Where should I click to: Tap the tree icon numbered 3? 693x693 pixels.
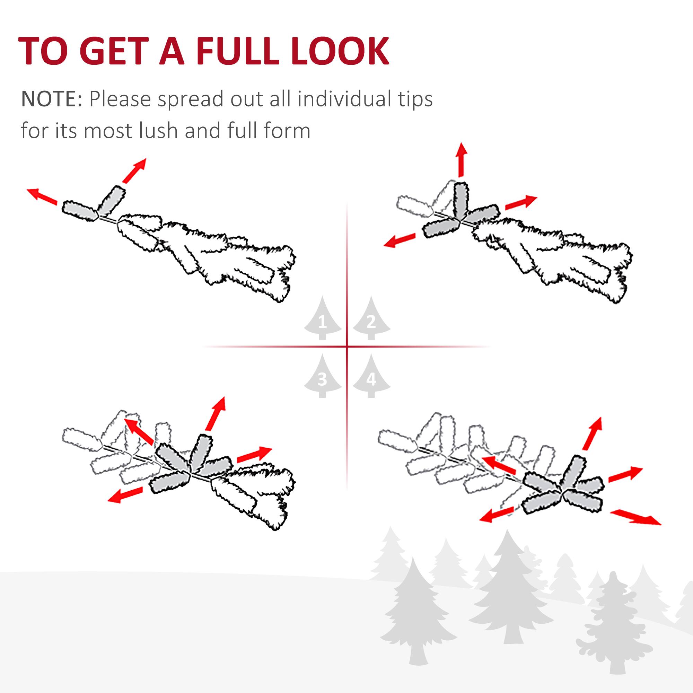coord(323,377)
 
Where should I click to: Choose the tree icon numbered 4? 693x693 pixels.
coord(371,377)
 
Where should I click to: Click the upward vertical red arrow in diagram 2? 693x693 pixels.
coord(461,159)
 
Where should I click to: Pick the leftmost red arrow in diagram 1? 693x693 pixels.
coord(42,196)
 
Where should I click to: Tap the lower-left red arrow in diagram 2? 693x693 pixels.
coord(399,240)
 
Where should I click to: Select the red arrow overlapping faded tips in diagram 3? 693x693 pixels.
coord(140,430)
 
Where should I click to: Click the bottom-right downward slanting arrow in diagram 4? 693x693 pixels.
coord(635,518)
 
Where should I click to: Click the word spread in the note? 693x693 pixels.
coord(191,100)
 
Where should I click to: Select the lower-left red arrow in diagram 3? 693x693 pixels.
coord(125,495)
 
